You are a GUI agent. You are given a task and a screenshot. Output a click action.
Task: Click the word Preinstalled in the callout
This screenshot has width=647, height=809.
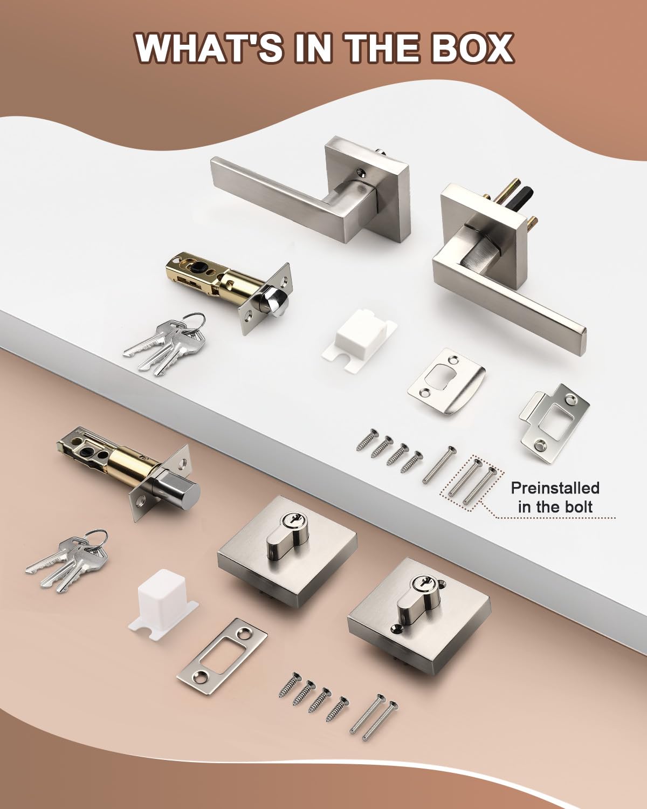(x=555, y=488)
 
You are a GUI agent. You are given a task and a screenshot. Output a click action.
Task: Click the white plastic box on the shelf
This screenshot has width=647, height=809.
(x=360, y=340)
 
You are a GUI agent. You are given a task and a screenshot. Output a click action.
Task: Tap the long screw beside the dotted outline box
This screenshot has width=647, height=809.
(x=439, y=465)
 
